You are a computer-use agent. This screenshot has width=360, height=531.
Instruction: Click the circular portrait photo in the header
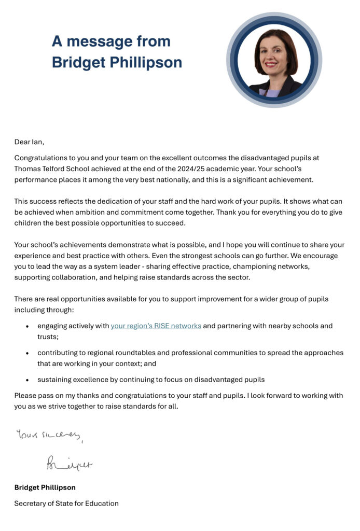(274, 60)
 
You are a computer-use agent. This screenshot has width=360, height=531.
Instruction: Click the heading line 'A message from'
(111, 41)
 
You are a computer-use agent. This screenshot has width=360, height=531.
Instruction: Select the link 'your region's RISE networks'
(156, 326)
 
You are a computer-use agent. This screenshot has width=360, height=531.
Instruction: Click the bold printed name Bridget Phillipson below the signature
(45, 487)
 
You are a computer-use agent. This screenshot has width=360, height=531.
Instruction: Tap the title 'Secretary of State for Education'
(66, 503)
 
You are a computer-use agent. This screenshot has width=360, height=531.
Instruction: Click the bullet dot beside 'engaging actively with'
(27, 327)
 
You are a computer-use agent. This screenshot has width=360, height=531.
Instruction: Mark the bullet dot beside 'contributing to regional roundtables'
(27, 353)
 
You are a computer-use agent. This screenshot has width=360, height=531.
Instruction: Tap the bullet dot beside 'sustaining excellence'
(27, 380)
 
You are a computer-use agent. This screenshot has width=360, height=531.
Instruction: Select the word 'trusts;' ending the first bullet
(48, 337)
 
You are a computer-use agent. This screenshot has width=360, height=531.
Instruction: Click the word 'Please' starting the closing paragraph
(26, 396)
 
